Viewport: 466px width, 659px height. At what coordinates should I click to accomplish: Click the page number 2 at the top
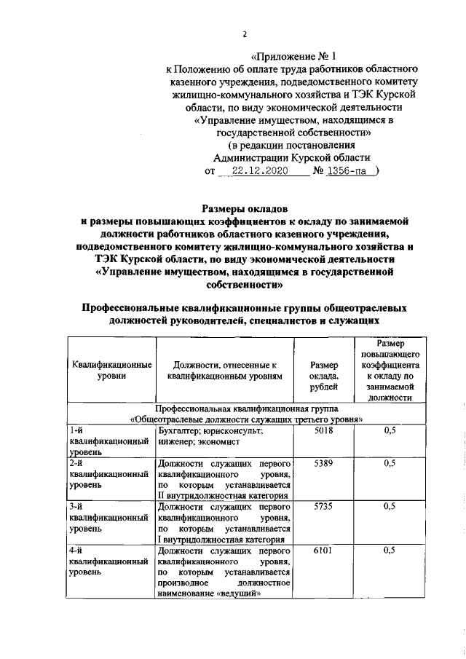(x=245, y=34)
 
